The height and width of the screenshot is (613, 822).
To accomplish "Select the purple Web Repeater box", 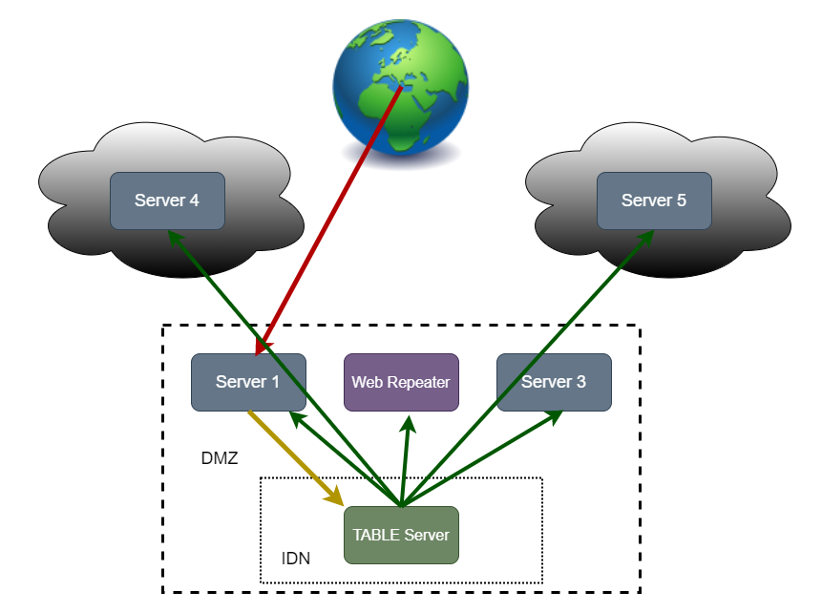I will click(401, 383).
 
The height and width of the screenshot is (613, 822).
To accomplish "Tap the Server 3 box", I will click(554, 383).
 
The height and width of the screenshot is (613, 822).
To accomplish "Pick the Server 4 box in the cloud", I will click(167, 201).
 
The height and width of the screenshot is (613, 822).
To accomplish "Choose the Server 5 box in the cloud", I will click(654, 201).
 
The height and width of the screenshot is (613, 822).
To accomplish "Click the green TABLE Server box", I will click(401, 535).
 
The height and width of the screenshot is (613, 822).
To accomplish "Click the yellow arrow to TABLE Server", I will click(291, 454).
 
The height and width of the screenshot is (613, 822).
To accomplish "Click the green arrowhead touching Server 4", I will click(173, 235).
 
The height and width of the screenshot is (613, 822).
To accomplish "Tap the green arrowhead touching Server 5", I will click(646, 235).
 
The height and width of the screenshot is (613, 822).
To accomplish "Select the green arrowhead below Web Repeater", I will click(409, 421).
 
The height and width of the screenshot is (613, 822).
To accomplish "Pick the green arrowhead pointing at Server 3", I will click(554, 417).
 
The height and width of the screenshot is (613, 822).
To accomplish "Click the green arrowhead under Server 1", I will click(296, 418).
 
